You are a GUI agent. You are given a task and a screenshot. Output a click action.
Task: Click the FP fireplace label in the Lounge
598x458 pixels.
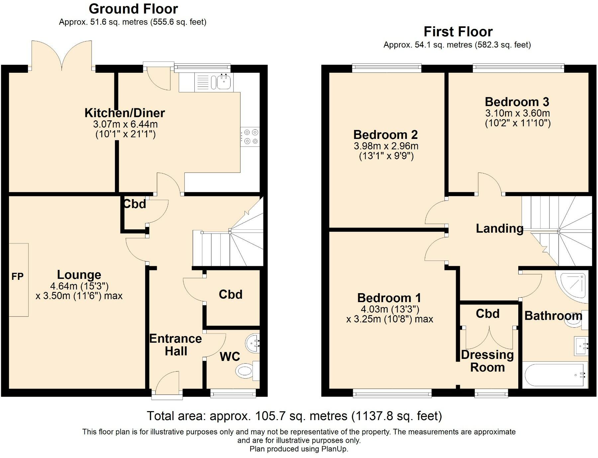[17, 277]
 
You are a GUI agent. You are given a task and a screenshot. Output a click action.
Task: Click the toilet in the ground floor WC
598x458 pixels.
[245, 370]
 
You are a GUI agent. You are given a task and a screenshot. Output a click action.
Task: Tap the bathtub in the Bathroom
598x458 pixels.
[553, 375]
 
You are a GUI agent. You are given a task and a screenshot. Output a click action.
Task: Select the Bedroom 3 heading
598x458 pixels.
[517, 102]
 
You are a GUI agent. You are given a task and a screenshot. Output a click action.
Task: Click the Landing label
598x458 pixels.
[499, 228]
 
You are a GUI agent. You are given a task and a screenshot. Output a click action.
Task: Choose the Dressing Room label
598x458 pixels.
[487, 361]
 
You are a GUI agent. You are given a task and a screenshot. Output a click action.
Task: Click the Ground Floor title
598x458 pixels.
[133, 9]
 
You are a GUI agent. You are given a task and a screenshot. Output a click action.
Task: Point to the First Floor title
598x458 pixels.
[458, 32]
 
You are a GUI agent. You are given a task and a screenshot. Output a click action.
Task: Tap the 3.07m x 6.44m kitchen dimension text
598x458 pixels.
[125, 124]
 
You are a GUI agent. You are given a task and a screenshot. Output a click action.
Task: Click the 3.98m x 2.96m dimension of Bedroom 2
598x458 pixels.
[386, 146]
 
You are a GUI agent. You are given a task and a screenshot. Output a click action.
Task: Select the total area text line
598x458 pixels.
[294, 416]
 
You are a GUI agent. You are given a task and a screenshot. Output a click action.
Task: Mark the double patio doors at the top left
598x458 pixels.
[62, 55]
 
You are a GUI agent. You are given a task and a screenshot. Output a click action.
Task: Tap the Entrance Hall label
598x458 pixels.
[175, 345]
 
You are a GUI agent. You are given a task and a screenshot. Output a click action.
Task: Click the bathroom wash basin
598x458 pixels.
[581, 346]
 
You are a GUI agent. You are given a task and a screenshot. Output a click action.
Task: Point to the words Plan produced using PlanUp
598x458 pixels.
[299, 449]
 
